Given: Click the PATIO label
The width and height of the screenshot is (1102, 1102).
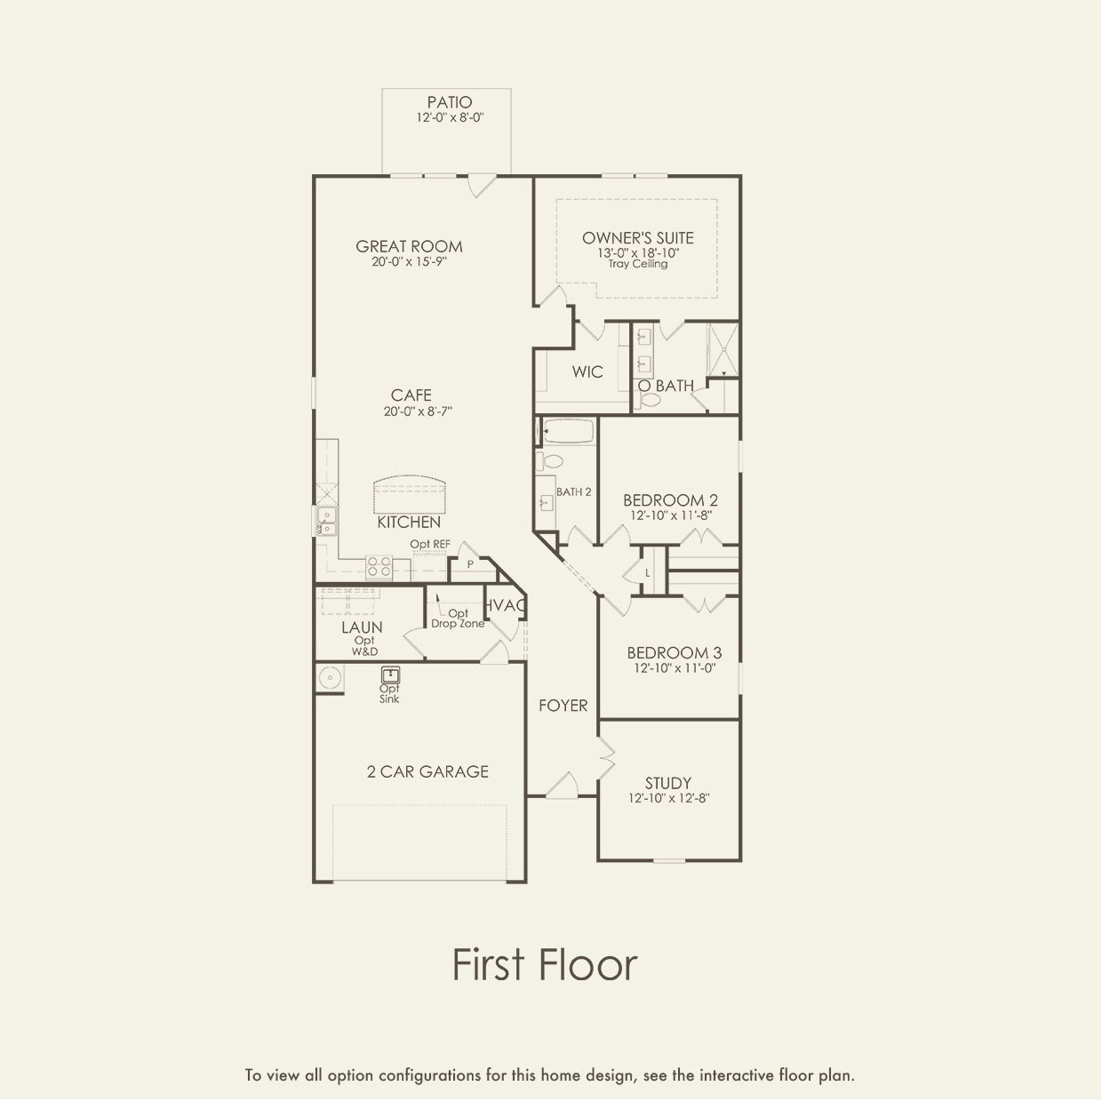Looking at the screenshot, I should (449, 102).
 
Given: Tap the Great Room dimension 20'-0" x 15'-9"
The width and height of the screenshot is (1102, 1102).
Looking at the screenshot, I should (409, 262).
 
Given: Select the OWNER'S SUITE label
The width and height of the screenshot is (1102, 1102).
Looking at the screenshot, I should (637, 238).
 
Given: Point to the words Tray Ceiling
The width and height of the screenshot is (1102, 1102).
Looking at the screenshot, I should (637, 264).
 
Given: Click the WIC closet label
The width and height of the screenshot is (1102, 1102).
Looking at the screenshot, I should (587, 371).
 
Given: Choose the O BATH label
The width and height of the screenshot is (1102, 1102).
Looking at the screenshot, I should (666, 386).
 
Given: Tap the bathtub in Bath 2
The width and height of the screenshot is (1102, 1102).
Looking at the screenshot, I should (567, 432).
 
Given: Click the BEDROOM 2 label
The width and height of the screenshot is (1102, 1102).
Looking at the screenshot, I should (670, 500).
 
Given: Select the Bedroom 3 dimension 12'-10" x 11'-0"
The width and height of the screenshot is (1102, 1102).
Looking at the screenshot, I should (674, 668).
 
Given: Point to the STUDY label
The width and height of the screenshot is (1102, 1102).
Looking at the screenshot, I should (667, 783).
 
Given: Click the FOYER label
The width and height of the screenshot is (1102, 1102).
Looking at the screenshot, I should (563, 706).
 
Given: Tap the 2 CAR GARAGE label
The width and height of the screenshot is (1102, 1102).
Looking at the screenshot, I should (427, 771).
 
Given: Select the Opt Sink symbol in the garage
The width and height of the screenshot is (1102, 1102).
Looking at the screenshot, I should (390, 675).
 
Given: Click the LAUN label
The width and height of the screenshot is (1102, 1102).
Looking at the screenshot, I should (362, 627).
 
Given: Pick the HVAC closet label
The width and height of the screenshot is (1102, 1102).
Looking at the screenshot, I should (505, 605).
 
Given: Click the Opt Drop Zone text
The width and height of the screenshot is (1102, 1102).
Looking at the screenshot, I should (458, 619).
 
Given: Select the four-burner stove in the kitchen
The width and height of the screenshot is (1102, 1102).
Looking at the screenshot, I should (379, 567).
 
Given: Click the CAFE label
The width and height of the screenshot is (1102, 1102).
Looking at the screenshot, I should (411, 395).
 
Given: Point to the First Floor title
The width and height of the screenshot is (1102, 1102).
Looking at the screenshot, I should (544, 964).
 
